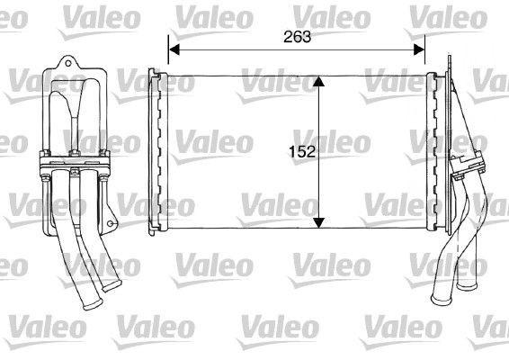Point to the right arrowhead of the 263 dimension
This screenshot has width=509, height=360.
point(422,49)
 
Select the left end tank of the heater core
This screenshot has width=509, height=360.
point(156,151)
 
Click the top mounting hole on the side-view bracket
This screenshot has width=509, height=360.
point(65,64)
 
